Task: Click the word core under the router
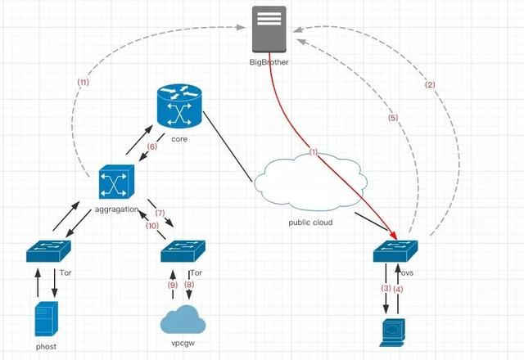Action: coord(179,140)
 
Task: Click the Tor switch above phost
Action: coord(47,250)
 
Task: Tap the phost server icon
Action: coord(47,319)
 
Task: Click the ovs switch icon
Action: coord(395,250)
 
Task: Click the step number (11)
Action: coord(83,83)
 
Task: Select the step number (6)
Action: coord(151,146)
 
